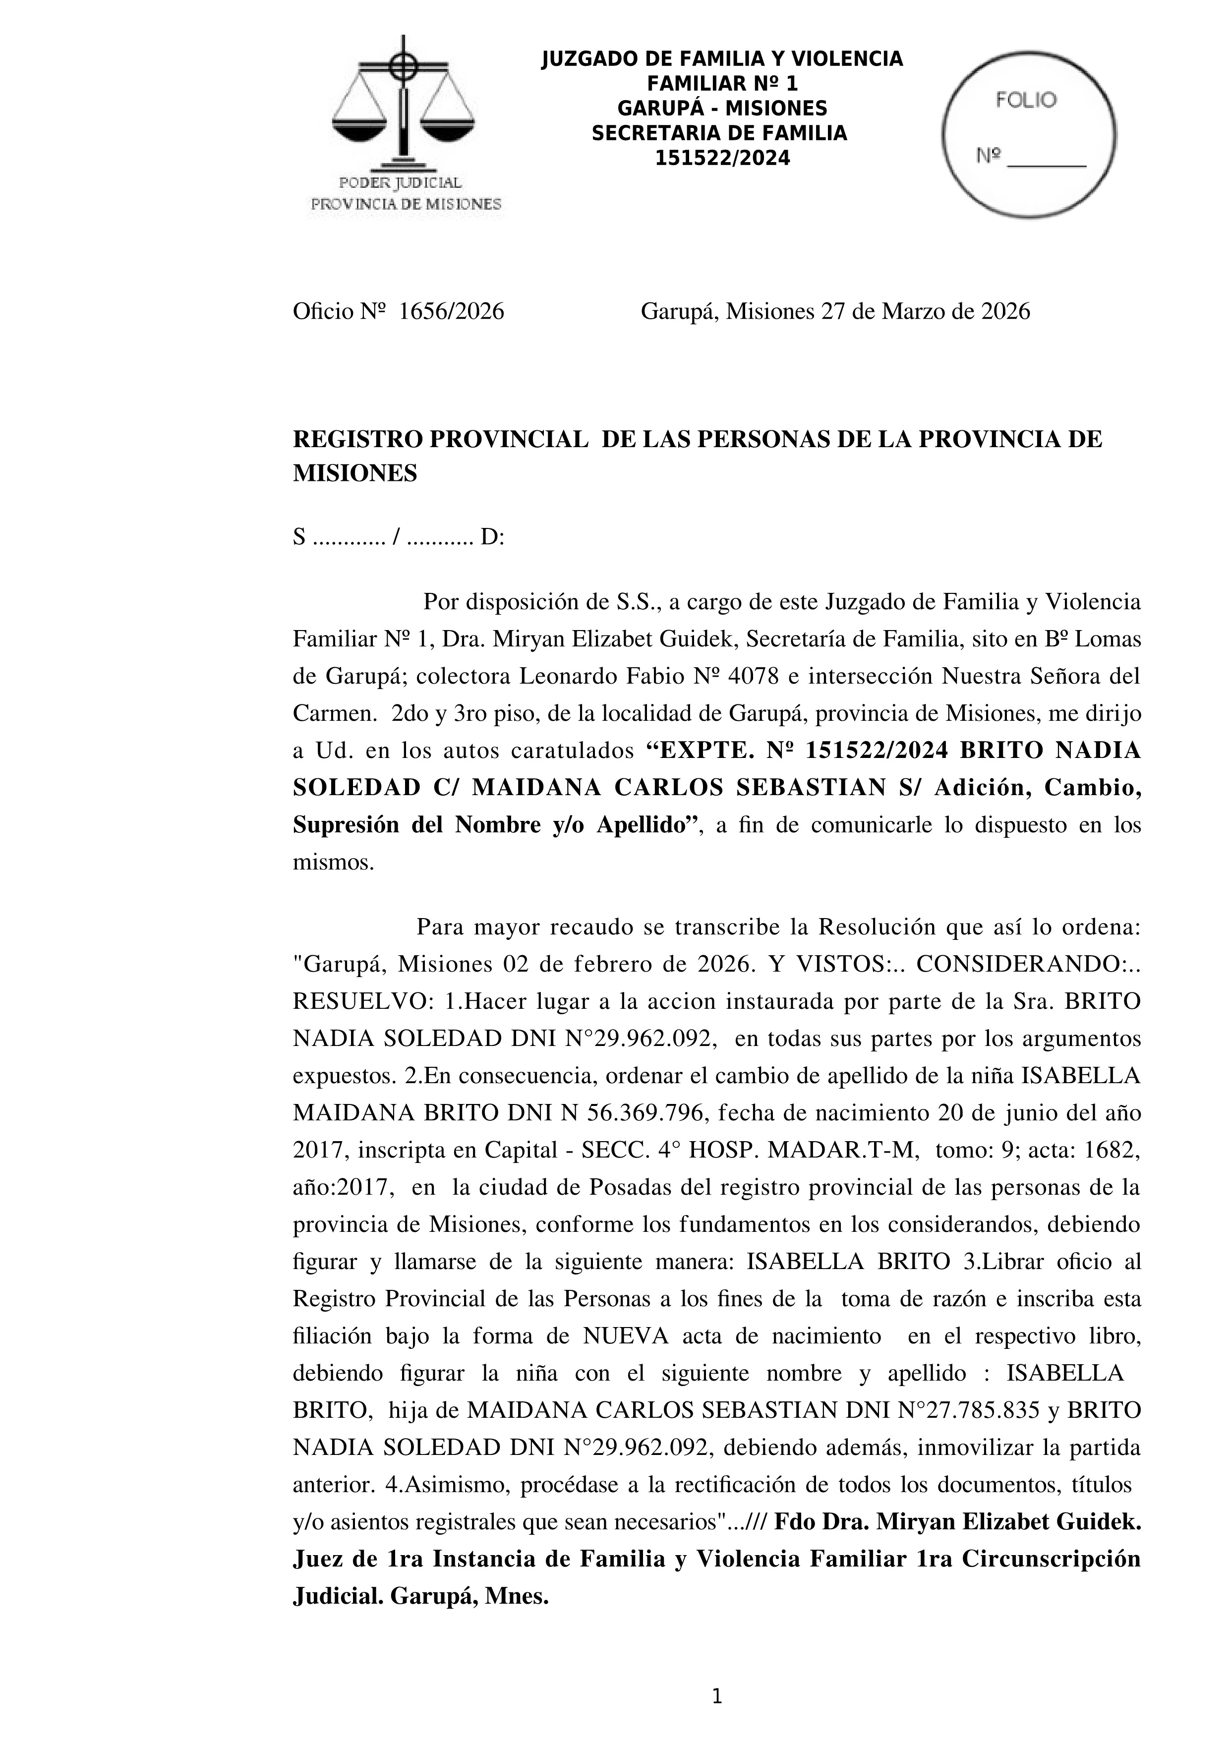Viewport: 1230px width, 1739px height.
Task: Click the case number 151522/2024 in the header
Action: coord(722,158)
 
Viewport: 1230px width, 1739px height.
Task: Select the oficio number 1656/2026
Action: coord(452,311)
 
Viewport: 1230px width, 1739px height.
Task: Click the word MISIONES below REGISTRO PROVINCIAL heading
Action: coord(354,473)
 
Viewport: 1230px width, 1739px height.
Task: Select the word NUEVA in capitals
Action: coord(626,1335)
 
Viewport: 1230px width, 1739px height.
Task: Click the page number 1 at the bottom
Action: coord(717,1697)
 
